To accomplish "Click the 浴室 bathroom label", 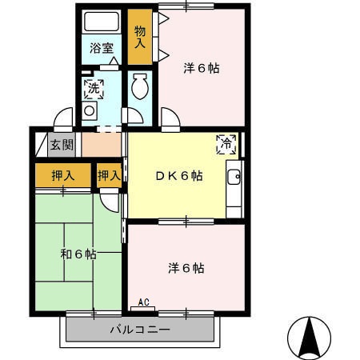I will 101,48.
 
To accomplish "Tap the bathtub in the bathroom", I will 101,22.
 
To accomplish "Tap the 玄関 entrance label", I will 61,145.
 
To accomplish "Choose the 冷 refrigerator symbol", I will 226,145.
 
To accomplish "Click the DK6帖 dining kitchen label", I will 178,177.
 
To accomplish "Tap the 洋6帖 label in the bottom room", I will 186,267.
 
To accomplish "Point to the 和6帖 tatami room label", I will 78,254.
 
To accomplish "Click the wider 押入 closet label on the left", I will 63,175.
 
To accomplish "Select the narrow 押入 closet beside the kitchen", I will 109,175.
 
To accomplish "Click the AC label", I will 144,302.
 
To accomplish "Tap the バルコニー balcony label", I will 140,330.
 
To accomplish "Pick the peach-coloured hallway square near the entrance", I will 102,145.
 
